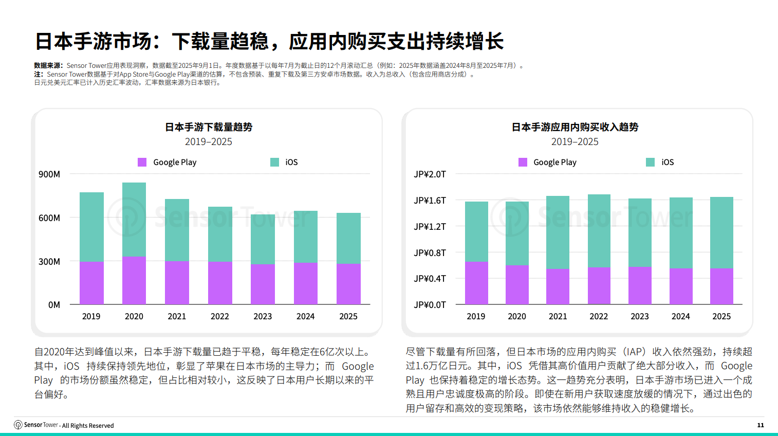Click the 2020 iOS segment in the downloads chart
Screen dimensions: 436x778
(134, 220)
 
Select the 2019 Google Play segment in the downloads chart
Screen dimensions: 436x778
(91, 283)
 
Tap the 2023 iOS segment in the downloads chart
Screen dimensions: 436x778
(263, 239)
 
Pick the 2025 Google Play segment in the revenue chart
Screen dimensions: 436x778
(721, 286)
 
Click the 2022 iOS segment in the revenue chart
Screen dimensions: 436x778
(599, 230)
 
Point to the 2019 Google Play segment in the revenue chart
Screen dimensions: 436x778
(476, 283)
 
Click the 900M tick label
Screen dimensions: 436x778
(49, 174)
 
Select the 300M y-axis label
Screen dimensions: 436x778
(49, 262)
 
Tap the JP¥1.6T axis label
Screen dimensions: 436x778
(430, 201)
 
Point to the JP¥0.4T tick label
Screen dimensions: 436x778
(430, 279)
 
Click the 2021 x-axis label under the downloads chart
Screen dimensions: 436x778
(177, 316)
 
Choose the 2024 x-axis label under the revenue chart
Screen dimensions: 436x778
(680, 316)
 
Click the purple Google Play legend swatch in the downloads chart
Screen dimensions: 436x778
(142, 162)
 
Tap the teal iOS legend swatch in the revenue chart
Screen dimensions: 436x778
(651, 162)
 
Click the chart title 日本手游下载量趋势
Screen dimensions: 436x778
(209, 127)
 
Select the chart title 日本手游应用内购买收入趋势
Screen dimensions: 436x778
(575, 127)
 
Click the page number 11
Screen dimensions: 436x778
(761, 425)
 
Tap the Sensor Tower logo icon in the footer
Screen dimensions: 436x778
(18, 425)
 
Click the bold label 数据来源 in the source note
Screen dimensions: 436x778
(48, 66)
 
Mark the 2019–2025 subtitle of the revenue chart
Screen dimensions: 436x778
(575, 142)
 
